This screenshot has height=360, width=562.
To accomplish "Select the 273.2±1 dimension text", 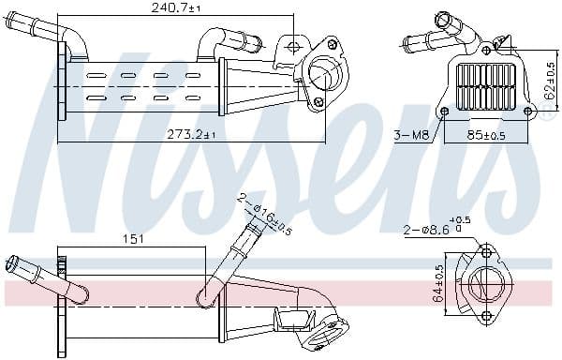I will (190, 135).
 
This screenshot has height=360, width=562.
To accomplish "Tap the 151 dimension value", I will (134, 238).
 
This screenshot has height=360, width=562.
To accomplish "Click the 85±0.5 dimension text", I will (486, 135).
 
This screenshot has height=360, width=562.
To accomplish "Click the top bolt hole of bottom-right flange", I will (486, 252).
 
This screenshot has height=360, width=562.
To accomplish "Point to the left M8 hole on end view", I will (443, 112).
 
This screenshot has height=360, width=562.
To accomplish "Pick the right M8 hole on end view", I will (527, 112).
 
